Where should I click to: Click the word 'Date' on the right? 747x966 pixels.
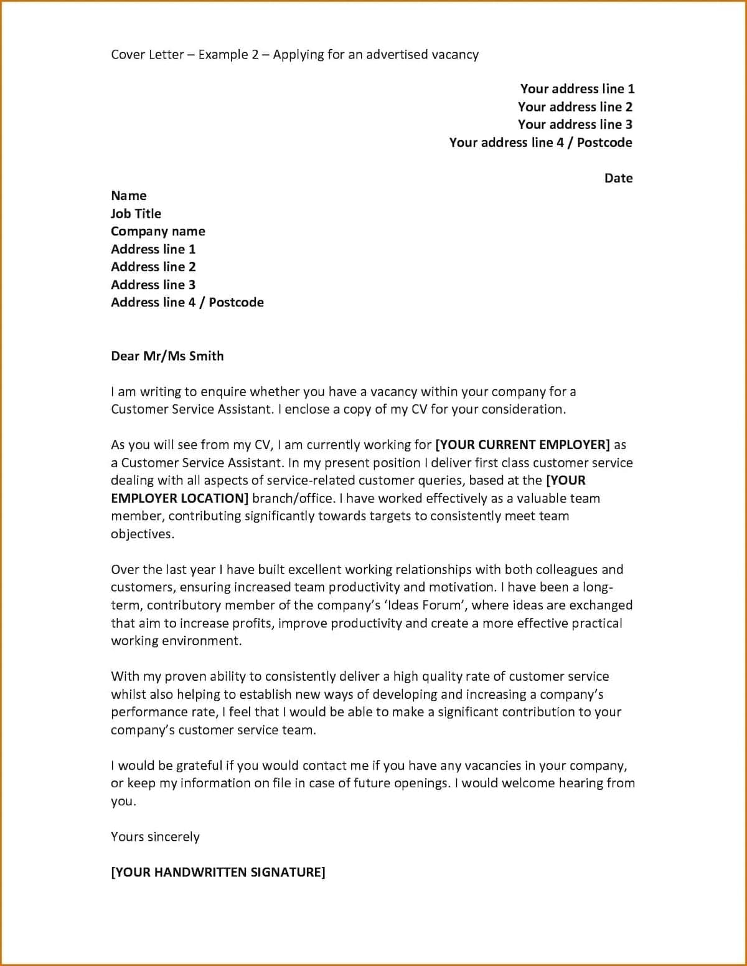[x=618, y=178]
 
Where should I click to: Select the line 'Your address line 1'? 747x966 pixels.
[x=577, y=89]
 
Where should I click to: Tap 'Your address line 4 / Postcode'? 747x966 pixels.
[x=540, y=143]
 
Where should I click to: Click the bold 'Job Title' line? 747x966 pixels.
[x=136, y=214]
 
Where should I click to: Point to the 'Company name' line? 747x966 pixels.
[x=157, y=232]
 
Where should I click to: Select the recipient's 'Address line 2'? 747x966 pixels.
[x=153, y=267]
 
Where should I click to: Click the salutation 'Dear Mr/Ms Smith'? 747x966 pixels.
[x=167, y=356]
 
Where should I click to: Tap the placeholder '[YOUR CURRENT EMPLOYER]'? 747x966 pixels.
[x=522, y=445]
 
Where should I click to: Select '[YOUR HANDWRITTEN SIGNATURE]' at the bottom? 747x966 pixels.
[x=218, y=872]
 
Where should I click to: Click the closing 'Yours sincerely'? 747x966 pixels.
[x=155, y=836]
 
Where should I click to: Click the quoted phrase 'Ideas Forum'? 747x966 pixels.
[x=423, y=605]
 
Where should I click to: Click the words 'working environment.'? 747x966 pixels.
[x=176, y=641]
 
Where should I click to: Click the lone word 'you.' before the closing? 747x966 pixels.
[x=123, y=802]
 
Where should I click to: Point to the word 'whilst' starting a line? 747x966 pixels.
[x=128, y=694]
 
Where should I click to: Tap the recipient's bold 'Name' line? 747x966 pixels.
[x=128, y=196]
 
